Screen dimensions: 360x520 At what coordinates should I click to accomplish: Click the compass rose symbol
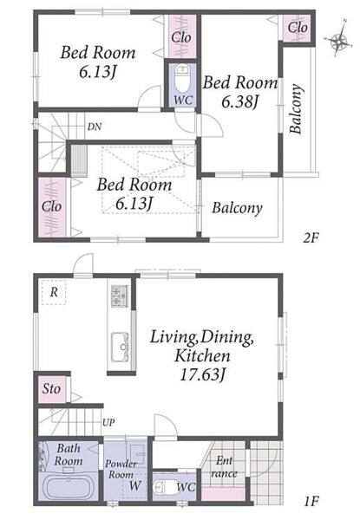tap(339, 41)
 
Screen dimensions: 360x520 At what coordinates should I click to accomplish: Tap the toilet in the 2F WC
tap(182, 80)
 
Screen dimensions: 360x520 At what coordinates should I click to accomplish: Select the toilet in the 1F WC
tap(162, 488)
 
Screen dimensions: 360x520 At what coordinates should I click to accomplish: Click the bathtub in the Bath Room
tap(69, 486)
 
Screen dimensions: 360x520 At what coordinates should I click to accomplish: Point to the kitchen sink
tap(120, 348)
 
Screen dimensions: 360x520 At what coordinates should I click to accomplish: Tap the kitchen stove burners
tap(120, 296)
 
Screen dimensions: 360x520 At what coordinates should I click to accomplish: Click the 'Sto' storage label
tap(51, 388)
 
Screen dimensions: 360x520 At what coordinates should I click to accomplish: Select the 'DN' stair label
tap(95, 127)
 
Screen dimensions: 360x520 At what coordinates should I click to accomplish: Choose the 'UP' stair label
tap(108, 423)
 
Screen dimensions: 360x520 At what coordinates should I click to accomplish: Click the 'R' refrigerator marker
tap(54, 292)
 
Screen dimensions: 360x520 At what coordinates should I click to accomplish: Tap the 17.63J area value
tap(202, 374)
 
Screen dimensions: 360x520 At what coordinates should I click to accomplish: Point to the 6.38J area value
tap(239, 101)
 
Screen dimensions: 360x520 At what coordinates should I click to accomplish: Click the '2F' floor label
tap(311, 237)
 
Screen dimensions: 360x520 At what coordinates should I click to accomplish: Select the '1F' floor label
tap(311, 501)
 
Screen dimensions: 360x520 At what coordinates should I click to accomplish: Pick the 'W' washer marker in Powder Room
tap(135, 486)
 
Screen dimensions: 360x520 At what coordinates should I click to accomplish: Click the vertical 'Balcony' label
tap(296, 109)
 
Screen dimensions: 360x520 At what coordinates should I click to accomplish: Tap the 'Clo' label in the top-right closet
tap(298, 27)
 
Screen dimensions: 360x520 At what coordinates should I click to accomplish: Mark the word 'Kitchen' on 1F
tap(202, 356)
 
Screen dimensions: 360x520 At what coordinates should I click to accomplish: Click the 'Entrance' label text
tap(225, 467)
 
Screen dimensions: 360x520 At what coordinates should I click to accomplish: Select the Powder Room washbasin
tap(138, 453)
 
